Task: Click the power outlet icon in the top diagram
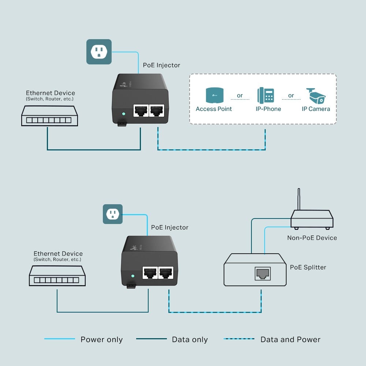[99, 52]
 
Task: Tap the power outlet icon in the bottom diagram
[112, 214]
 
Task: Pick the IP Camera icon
[316, 96]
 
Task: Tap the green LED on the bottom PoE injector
[133, 276]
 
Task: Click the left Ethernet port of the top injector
[141, 110]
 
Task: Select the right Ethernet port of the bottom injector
[166, 272]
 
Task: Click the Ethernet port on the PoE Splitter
[262, 273]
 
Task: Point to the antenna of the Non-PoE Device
[299, 199]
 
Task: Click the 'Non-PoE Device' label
[312, 238]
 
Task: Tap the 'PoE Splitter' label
[308, 267]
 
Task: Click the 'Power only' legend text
[101, 340]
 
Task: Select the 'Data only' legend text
[190, 340]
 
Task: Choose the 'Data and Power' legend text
[290, 340]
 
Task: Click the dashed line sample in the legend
[239, 339]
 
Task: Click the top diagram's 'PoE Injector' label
[161, 65]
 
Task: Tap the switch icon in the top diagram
[49, 116]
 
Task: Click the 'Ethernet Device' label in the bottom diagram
[58, 254]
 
